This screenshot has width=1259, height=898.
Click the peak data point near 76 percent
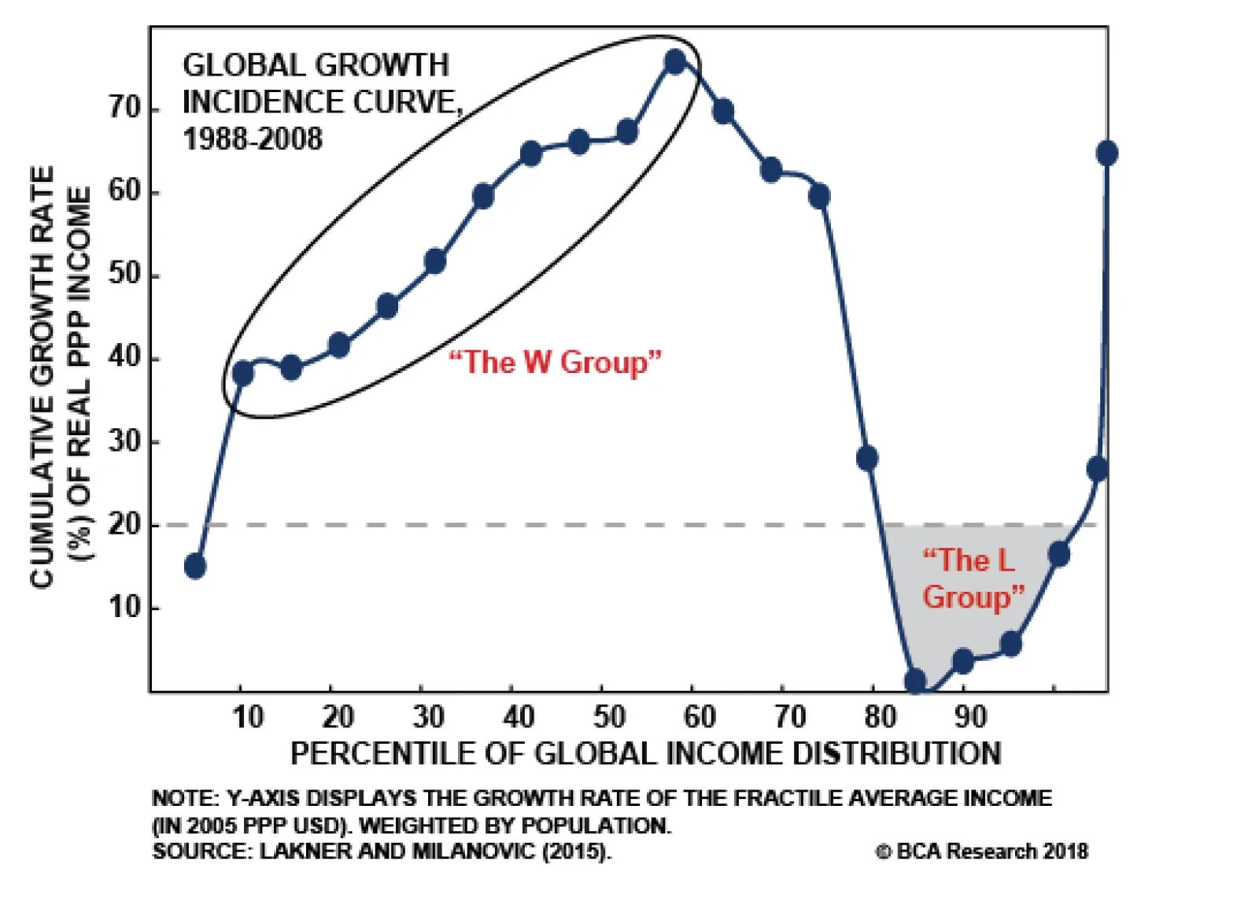pos(675,62)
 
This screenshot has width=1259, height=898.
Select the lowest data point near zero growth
pos(915,682)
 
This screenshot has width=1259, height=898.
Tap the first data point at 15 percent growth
pos(195,566)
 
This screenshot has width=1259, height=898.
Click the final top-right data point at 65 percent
pos(1106,153)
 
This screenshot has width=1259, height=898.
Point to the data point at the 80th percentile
pos(867,458)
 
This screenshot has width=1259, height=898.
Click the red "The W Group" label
pos(555,362)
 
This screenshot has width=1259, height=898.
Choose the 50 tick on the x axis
pos(609,717)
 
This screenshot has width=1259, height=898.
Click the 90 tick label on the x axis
pos(970,717)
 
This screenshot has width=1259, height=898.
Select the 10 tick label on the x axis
pos(248,717)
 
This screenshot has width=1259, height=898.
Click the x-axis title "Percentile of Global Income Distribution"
pos(645,753)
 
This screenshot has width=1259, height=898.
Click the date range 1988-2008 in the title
pos(253,139)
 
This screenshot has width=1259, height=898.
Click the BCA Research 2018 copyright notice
pos(981,851)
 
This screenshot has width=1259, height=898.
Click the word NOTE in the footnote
pos(183,798)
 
